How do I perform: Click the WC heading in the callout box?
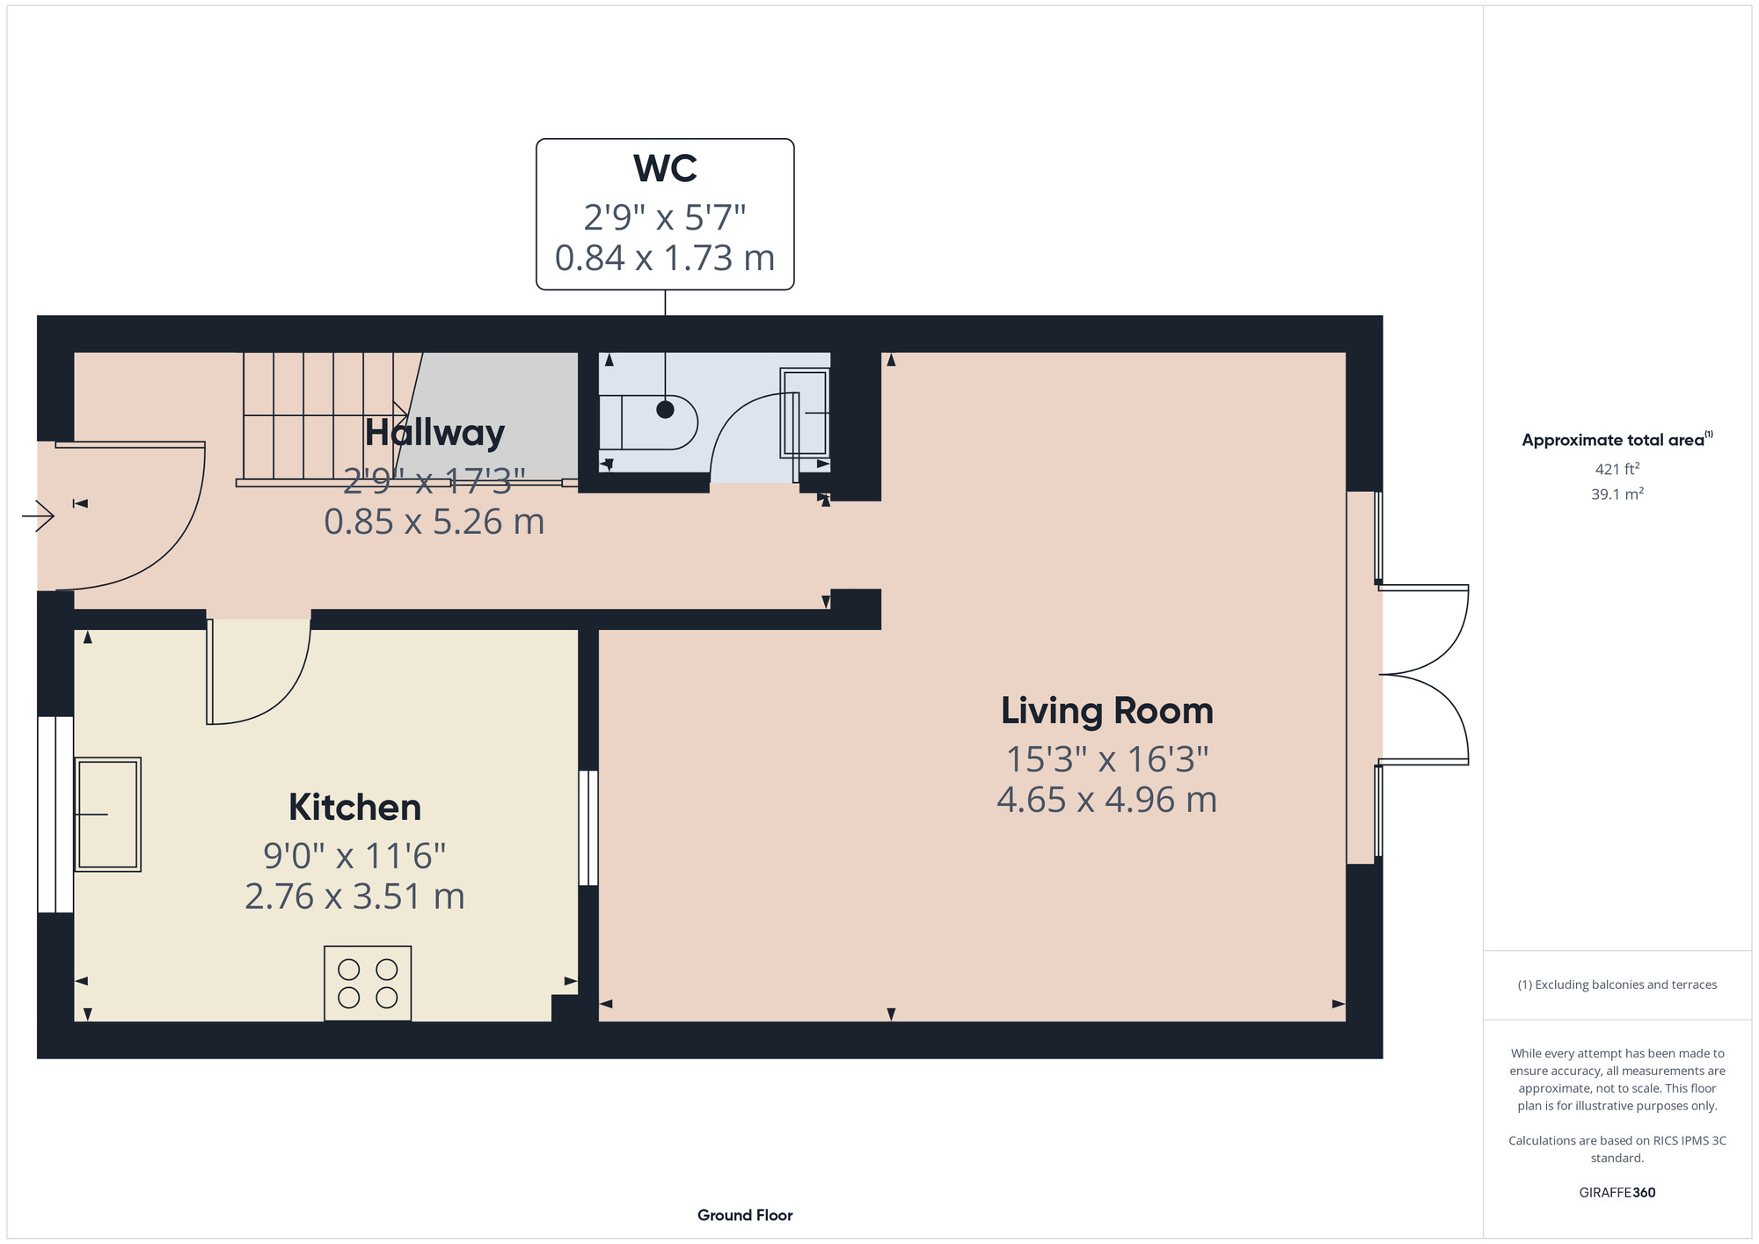tap(665, 169)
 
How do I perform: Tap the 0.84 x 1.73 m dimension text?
tap(665, 258)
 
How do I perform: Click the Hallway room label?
tap(434, 433)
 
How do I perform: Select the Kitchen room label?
tap(354, 808)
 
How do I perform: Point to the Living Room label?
tap(1106, 711)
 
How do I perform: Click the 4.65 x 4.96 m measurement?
tap(1106, 800)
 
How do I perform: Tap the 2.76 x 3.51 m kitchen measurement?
tap(354, 896)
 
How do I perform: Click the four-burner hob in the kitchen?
tap(368, 983)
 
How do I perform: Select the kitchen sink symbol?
tap(107, 814)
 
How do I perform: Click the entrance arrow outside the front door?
tap(38, 515)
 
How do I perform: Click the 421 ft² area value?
tap(1617, 469)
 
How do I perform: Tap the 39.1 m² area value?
tap(1617, 494)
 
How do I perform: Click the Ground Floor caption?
tap(745, 1215)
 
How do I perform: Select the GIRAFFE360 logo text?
tap(1617, 1193)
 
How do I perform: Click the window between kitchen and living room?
tap(588, 828)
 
